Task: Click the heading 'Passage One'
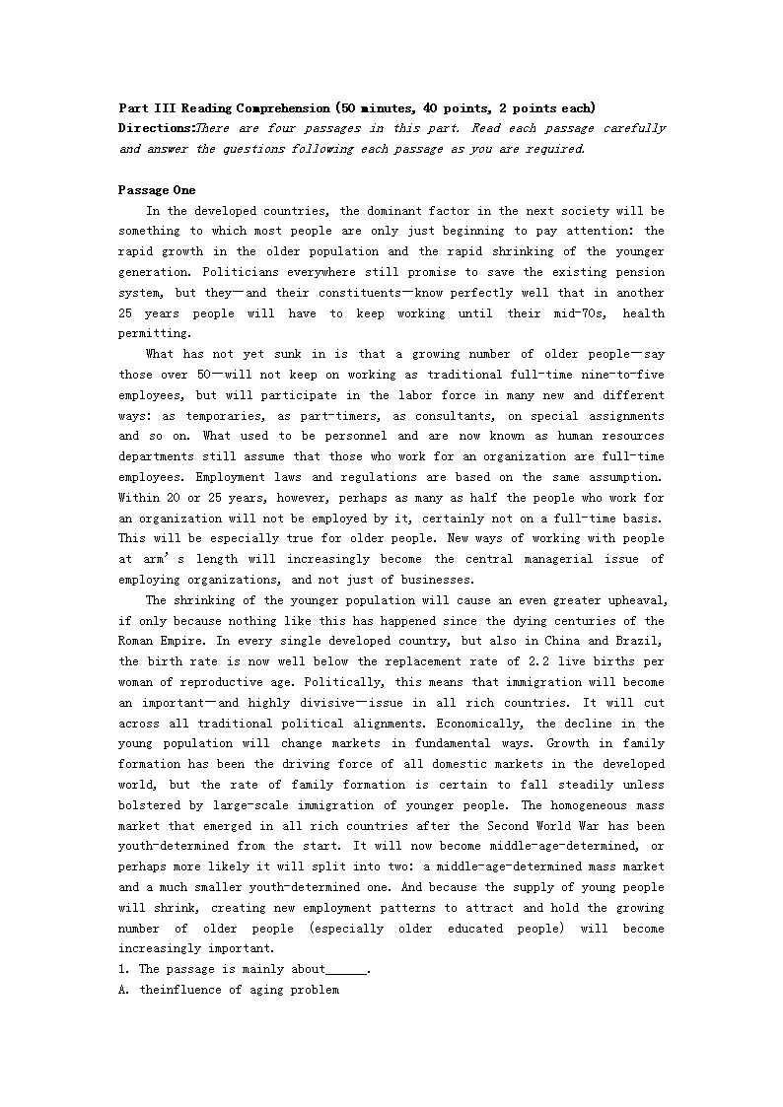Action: [157, 190]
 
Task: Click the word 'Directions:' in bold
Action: [156, 128]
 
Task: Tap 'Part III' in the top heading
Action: [147, 107]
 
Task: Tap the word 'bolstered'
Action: [150, 805]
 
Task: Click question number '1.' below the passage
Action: [122, 970]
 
